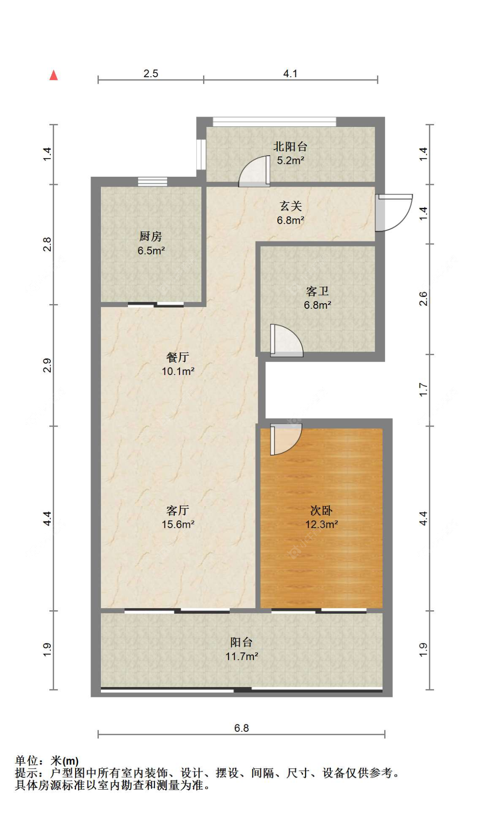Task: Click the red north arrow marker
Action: coord(54,75)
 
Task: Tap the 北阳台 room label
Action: coord(290,147)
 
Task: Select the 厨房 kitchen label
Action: coord(150,236)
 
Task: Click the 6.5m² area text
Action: coord(151,251)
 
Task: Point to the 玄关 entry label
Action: coord(291,206)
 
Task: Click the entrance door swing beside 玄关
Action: coord(393,213)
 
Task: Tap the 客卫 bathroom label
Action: coord(317,292)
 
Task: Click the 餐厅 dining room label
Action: coord(178,357)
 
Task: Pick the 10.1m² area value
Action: coord(178,371)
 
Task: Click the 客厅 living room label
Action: coord(178,510)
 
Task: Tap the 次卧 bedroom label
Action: coord(321,510)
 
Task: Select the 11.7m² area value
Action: coord(241,656)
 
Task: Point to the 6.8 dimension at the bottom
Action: coord(241,728)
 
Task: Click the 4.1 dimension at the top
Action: coord(290,74)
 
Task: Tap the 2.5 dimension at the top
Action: coord(151,74)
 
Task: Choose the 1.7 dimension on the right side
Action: coord(423,390)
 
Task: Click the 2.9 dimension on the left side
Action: coord(47,365)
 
